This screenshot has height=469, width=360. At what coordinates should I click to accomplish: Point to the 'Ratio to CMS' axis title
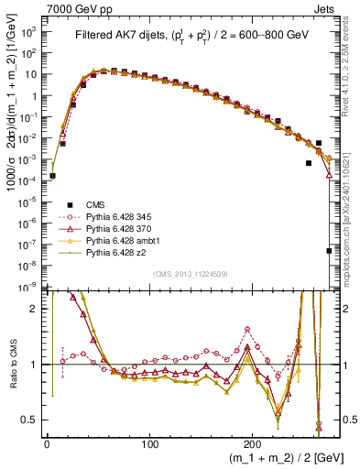click(x=11, y=364)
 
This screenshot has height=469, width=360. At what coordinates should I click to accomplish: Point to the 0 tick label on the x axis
click(x=46, y=443)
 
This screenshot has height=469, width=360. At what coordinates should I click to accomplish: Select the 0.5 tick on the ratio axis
click(x=29, y=420)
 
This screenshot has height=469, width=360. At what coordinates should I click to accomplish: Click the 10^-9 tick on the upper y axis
click(x=27, y=286)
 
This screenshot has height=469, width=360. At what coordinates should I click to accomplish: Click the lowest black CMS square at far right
click(x=329, y=250)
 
